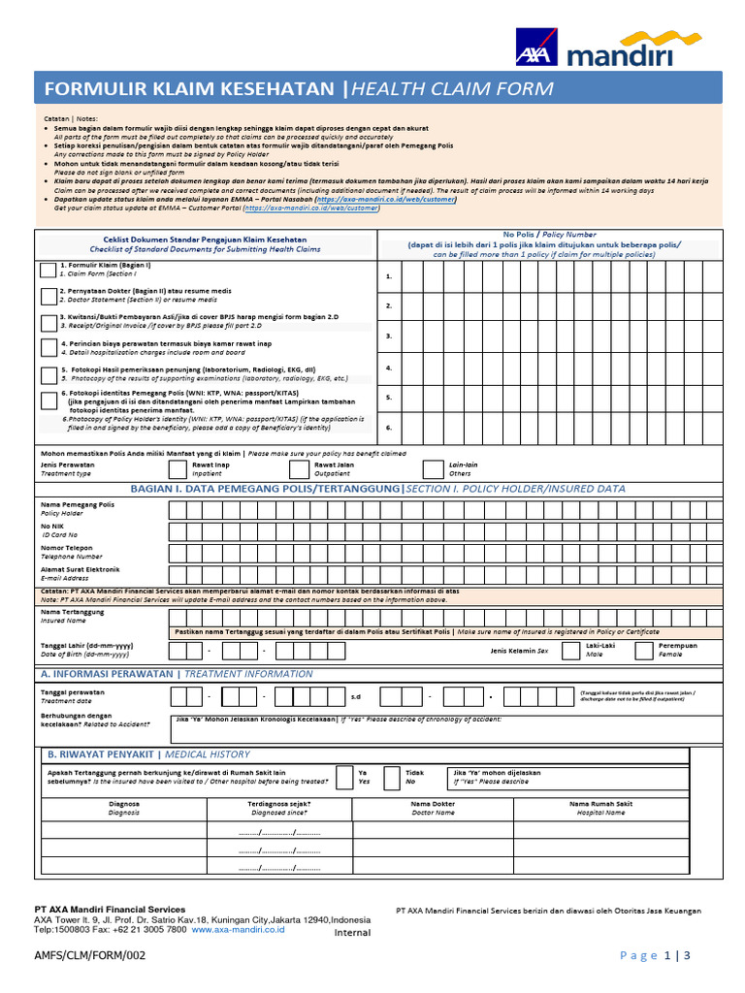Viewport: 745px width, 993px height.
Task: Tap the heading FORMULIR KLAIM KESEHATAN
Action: [x=190, y=89]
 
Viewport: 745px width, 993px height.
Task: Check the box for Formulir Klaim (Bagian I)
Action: [x=49, y=271]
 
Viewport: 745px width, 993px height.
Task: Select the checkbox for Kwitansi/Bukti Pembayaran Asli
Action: [x=49, y=323]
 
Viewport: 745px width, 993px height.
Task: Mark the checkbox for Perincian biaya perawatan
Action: [x=49, y=349]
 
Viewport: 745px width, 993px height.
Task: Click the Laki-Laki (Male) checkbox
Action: [x=567, y=650]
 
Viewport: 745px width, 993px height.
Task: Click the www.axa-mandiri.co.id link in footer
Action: [x=238, y=928]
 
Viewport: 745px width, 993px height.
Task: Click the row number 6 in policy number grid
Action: [x=389, y=428]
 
